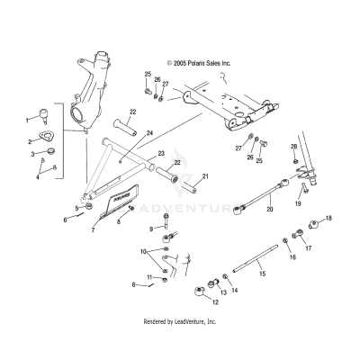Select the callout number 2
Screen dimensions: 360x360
pyautogui.click(x=29, y=140)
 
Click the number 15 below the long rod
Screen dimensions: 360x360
pyautogui.click(x=262, y=274)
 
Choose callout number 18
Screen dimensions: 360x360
pyautogui.click(x=328, y=219)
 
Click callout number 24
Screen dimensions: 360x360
pyautogui.click(x=149, y=133)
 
